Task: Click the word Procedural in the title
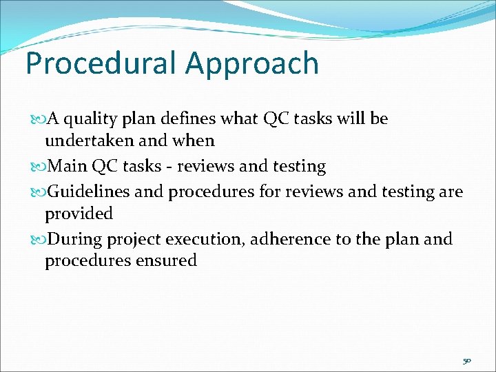101,63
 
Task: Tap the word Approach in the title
252,63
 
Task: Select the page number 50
466,361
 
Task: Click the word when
196,141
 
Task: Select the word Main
64,166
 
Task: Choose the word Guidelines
89,192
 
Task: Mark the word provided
79,214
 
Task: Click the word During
72,239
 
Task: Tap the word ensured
167,260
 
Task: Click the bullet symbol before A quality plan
36,119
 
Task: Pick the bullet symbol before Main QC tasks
36,166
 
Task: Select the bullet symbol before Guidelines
36,192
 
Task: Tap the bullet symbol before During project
36,239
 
